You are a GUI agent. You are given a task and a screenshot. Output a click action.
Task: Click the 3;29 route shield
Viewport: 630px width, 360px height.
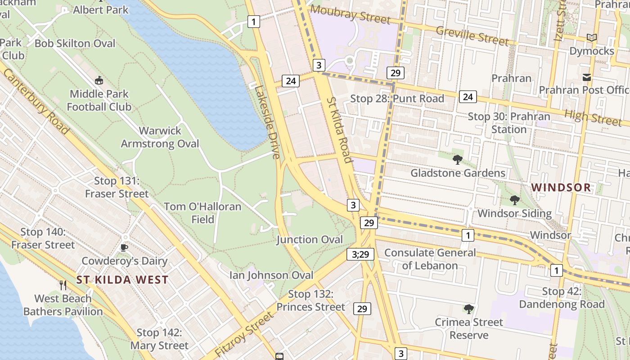(360, 254)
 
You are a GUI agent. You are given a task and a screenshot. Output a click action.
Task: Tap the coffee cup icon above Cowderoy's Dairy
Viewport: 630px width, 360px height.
(124, 247)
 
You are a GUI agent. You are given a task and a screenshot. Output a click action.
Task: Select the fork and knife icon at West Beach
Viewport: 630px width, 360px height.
(63, 285)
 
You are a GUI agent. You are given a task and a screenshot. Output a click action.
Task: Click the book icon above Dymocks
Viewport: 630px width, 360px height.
(592, 38)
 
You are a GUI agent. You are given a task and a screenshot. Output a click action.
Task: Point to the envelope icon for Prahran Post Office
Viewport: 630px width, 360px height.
(587, 77)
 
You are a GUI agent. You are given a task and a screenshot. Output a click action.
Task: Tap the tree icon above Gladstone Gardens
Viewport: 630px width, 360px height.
(458, 159)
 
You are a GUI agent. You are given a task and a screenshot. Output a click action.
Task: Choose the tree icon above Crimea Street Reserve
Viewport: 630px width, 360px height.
(469, 309)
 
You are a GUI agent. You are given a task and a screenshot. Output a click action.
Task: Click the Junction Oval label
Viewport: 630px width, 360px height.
(310, 239)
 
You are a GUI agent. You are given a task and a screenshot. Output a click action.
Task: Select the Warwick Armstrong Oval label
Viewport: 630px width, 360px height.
(160, 137)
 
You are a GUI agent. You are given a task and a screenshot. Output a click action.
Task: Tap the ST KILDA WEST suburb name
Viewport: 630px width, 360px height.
(122, 280)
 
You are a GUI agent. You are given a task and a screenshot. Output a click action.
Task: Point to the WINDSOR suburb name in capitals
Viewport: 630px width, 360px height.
(561, 188)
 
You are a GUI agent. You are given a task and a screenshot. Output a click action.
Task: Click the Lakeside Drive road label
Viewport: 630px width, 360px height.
(267, 121)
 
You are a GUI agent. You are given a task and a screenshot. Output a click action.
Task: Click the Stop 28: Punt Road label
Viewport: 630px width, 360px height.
(397, 99)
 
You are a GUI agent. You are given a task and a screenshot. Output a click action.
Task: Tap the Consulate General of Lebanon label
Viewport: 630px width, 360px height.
(430, 259)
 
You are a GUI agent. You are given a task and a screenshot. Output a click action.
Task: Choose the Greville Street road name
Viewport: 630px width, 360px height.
(472, 36)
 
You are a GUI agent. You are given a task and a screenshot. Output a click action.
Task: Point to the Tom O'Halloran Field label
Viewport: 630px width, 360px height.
(202, 213)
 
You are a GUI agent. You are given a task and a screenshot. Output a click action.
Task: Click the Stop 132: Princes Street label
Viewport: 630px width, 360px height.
(310, 301)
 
